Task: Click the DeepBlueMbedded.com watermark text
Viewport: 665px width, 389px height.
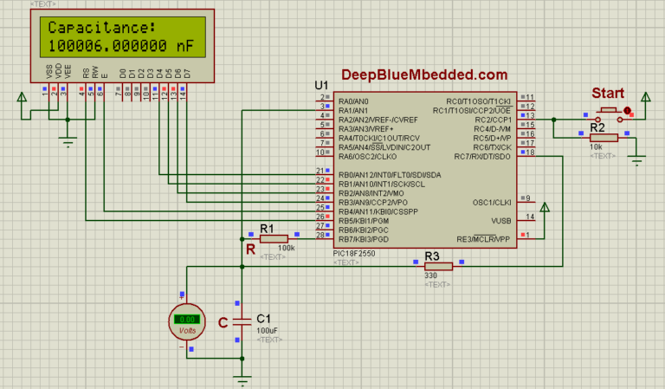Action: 424,76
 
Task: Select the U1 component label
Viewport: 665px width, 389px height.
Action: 321,85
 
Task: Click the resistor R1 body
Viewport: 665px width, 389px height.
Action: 273,237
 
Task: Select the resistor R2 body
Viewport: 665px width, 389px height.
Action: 604,137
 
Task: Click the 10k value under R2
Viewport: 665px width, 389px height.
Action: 597,147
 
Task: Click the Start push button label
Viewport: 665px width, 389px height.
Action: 608,93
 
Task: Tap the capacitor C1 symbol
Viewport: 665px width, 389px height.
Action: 243,321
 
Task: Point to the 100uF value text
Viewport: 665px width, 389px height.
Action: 267,331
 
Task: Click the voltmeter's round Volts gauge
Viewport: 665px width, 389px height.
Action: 187,321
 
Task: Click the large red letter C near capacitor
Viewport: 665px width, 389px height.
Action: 223,322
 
